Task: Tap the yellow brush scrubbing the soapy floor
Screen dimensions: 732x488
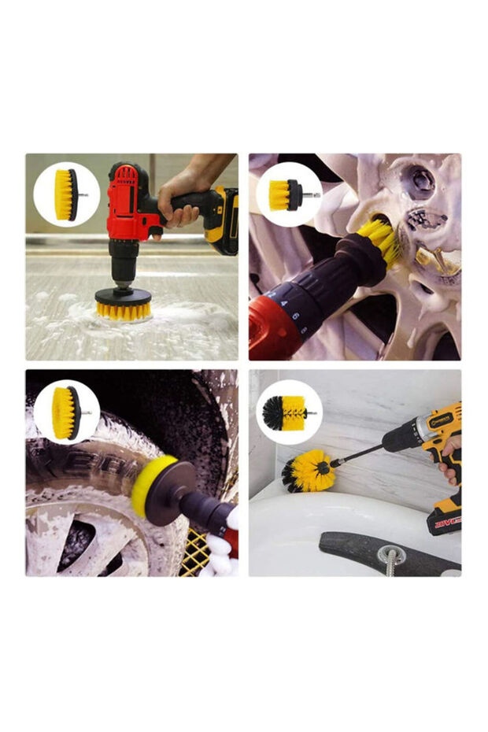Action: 123,307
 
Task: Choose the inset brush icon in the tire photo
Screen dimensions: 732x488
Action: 67,412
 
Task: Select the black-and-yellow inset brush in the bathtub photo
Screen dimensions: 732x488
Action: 288,412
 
